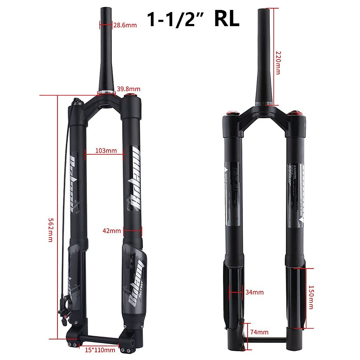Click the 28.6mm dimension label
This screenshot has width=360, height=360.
[125, 25]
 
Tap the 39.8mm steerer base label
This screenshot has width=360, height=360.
[128, 89]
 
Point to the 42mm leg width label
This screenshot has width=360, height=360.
[112, 231]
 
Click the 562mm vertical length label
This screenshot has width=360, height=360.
[51, 230]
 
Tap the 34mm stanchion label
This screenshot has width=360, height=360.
[254, 292]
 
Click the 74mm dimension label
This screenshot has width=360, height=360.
[259, 332]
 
